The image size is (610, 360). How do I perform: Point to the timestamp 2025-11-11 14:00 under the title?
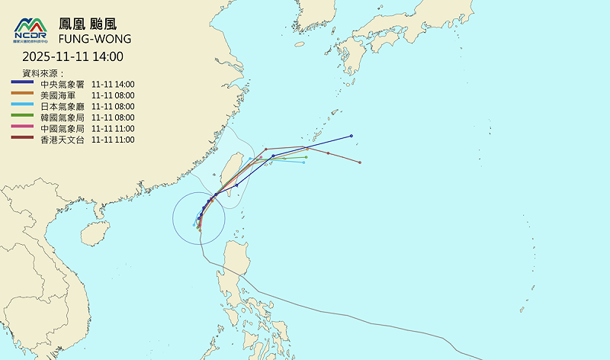pyautogui.click(x=72, y=56)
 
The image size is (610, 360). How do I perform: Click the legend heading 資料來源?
pyautogui.click(x=47, y=72)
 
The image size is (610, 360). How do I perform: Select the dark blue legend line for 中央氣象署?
pyautogui.click(x=22, y=84)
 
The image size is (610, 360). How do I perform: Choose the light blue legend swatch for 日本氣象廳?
pyautogui.click(x=22, y=107)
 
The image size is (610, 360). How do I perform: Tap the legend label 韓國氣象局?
pyautogui.click(x=61, y=117)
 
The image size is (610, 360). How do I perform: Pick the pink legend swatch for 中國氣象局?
pyautogui.click(x=22, y=129)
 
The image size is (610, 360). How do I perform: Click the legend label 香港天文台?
pyautogui.click(x=61, y=140)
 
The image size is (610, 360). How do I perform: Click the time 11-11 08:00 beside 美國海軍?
pyautogui.click(x=113, y=95)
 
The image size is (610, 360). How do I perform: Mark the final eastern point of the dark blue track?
pyautogui.click(x=352, y=136)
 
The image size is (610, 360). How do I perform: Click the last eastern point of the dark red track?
pyautogui.click(x=360, y=162)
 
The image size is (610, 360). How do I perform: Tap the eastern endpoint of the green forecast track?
pyautogui.click(x=306, y=157)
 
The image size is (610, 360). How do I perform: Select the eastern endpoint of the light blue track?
pyautogui.click(x=303, y=162)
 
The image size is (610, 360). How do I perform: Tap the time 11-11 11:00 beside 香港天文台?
pyautogui.click(x=113, y=140)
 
